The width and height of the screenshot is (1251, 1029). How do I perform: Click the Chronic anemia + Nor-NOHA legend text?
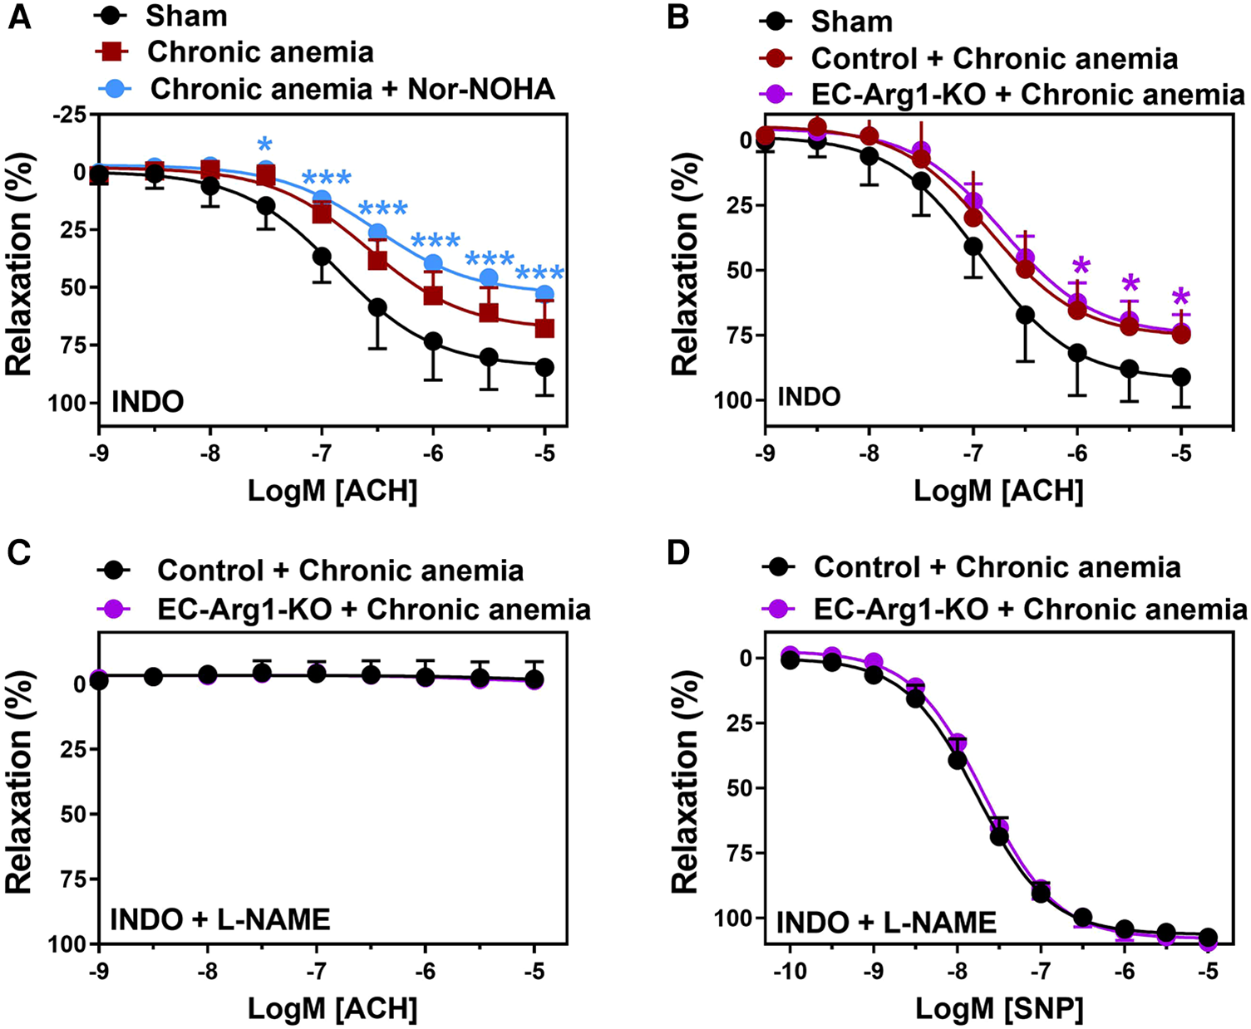tap(352, 89)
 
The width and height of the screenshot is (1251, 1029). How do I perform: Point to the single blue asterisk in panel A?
tap(265, 141)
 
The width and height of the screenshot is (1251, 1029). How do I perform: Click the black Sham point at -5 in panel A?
tap(544, 367)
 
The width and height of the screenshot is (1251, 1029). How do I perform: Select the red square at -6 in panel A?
tap(433, 295)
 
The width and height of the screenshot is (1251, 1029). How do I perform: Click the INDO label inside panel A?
tap(148, 403)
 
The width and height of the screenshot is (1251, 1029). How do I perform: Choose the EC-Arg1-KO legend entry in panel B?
tap(1027, 95)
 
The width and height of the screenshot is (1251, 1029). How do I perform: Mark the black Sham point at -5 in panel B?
tap(1181, 377)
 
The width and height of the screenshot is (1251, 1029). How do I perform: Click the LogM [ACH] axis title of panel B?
tap(998, 491)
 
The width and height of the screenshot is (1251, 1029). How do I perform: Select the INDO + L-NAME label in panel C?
tap(220, 920)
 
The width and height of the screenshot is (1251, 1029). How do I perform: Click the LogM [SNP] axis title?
tap(999, 1009)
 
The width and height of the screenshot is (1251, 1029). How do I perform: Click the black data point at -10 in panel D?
tap(790, 660)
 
